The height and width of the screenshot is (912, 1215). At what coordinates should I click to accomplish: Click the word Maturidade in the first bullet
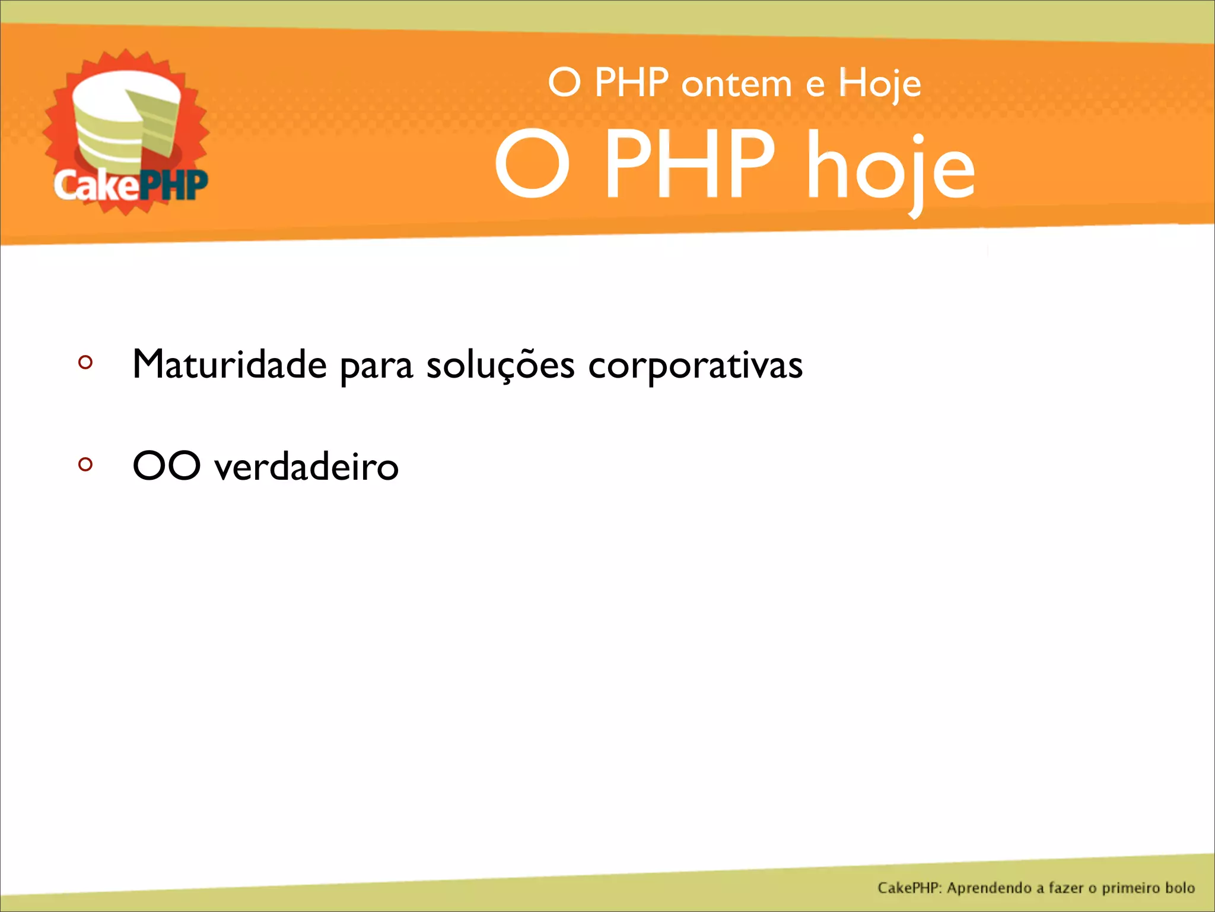coord(229,364)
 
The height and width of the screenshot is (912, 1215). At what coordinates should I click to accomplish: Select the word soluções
coord(500,365)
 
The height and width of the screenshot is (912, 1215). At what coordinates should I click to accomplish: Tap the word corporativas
coord(695,365)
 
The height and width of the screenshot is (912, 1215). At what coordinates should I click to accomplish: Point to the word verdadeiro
coord(306,467)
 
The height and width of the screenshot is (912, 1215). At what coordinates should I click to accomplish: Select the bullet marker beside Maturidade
coord(85,362)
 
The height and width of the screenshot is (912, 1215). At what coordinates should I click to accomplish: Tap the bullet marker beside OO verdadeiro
coord(85,464)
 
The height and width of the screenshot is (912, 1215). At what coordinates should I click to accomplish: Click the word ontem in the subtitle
coord(736,84)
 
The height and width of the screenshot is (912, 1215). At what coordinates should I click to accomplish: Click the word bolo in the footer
coord(1179,888)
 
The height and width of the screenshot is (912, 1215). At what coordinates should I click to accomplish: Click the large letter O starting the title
coord(532,164)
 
